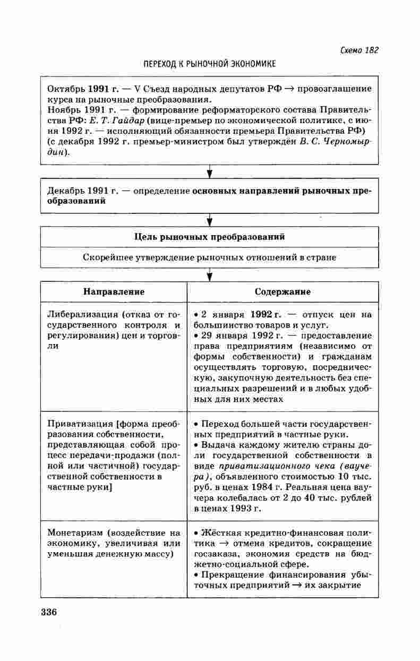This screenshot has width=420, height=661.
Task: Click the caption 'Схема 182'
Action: (x=359, y=50)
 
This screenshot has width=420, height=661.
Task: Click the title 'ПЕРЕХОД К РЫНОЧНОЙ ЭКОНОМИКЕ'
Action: (x=210, y=64)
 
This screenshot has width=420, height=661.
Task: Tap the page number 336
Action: (x=48, y=611)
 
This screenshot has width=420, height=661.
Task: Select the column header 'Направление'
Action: (x=114, y=292)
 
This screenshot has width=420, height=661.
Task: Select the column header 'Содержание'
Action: (x=282, y=292)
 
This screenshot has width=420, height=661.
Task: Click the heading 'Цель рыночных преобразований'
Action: (x=210, y=237)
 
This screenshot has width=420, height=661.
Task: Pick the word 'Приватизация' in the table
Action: (x=73, y=424)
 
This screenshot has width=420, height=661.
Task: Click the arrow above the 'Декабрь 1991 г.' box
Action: (x=210, y=171)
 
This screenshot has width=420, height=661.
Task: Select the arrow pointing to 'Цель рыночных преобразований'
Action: (x=210, y=219)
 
